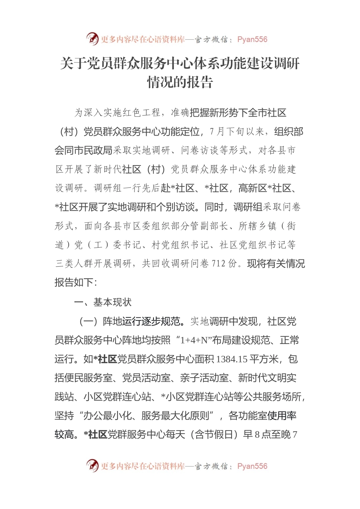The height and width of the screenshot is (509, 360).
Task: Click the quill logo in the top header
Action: click(92, 39)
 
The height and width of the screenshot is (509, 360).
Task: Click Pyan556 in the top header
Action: click(252, 39)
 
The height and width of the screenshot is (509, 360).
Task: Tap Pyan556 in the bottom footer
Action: click(252, 466)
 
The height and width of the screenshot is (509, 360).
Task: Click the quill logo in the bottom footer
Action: click(92, 465)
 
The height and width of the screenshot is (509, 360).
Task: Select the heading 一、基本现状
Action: click(103, 302)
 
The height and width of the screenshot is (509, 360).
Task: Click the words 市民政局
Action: click(93, 150)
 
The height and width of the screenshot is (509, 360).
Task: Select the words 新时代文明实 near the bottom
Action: click(267, 378)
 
